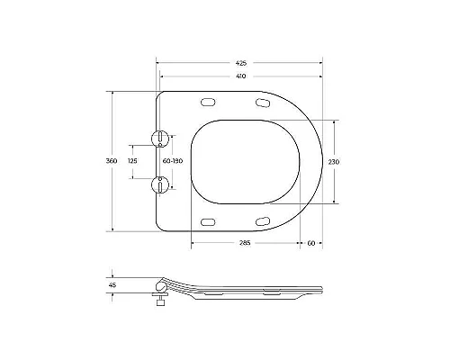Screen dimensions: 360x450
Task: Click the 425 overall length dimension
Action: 240,64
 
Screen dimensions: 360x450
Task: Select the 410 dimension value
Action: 240,77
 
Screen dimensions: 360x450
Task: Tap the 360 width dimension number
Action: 112,160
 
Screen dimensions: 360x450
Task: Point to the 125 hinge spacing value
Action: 133,160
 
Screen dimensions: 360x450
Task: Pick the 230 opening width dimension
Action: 333,161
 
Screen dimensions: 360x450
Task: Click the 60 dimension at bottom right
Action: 310,243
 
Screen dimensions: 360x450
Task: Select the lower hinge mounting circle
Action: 161,184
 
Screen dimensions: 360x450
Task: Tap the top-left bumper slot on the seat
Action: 209,102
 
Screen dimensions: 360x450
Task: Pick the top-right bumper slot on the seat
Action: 263,105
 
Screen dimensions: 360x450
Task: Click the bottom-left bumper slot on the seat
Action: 209,220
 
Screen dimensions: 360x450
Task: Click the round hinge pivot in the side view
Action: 162,281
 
